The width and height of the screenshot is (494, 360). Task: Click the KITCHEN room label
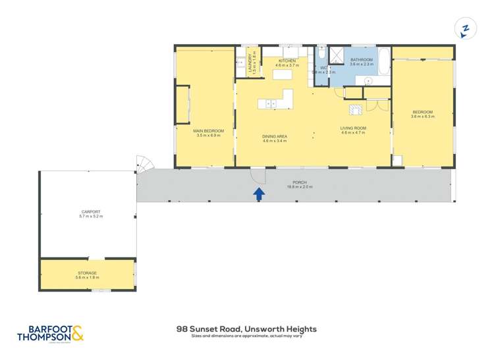pos(287,61)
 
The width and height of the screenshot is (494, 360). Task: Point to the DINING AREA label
pos(275,138)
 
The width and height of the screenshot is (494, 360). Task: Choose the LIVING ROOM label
pos(353,128)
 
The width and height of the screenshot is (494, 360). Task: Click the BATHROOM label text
pos(362,59)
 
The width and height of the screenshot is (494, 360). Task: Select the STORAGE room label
pos(86,272)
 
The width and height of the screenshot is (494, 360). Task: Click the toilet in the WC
pos(321,54)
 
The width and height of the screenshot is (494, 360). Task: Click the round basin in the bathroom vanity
pos(368,80)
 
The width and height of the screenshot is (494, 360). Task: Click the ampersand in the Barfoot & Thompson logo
pos(77,333)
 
